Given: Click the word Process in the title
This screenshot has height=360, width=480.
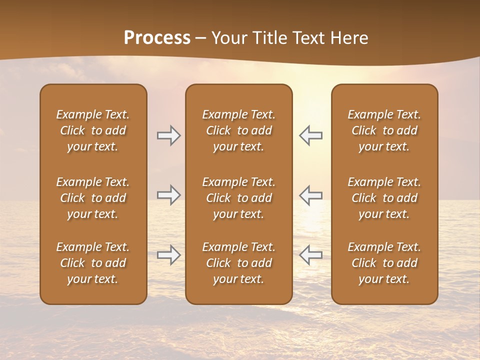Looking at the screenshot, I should tap(157, 38).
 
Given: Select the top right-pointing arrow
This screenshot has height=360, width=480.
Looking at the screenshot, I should tap(169, 135).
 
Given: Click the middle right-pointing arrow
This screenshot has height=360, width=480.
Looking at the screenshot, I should tap(169, 195).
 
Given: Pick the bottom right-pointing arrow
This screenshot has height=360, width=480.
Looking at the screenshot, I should tap(169, 255).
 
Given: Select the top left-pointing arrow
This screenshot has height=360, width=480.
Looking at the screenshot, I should tap(310, 135).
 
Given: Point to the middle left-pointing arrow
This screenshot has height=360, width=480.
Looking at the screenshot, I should tap(310, 195).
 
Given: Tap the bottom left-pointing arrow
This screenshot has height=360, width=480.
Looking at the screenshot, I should tap(310, 255).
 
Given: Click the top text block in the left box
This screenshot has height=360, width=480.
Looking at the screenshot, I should tap(93, 130).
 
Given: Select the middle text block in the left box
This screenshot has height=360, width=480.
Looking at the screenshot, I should tap(93, 198).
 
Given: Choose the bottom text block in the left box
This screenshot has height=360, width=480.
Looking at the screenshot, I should tap(93, 263).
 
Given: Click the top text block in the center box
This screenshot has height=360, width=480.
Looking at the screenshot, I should tap(238, 130).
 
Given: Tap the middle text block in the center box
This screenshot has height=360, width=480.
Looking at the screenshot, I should tap(238, 198).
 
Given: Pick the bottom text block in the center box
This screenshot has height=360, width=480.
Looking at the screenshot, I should tap(238, 263).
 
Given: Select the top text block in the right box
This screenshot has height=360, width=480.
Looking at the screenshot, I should tap(384, 130).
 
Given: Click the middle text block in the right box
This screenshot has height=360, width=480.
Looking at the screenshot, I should tap(384, 198).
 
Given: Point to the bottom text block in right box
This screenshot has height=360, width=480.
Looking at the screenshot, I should tap(384, 263).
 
